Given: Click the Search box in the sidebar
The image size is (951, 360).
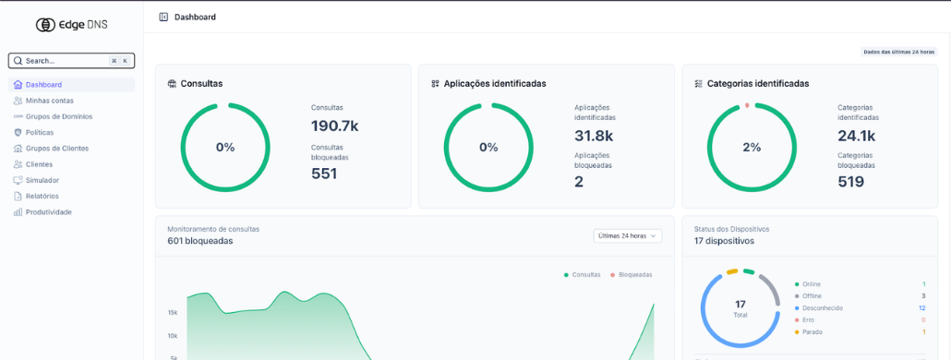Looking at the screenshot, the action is point(72,61).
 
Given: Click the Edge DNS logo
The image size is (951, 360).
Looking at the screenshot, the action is point(72,25).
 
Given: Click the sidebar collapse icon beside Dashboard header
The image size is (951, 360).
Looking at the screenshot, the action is point(163,17).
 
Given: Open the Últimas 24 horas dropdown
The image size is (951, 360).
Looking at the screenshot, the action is point(628,235).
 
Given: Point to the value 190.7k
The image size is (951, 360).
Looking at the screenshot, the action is point(335,126).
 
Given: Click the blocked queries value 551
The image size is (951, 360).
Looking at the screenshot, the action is point(324,174).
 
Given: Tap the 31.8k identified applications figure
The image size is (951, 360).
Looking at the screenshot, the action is point(594,135).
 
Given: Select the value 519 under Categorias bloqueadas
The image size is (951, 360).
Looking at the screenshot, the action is point(851,181).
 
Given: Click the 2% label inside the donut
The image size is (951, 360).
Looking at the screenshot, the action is point(752,148).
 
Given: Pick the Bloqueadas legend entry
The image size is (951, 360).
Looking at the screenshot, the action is point(632,274).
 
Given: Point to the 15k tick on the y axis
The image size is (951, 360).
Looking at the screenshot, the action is point(173,313).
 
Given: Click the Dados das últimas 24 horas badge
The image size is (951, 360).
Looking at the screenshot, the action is point(899,52).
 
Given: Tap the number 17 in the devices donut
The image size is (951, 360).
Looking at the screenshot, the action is point(740,305).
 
